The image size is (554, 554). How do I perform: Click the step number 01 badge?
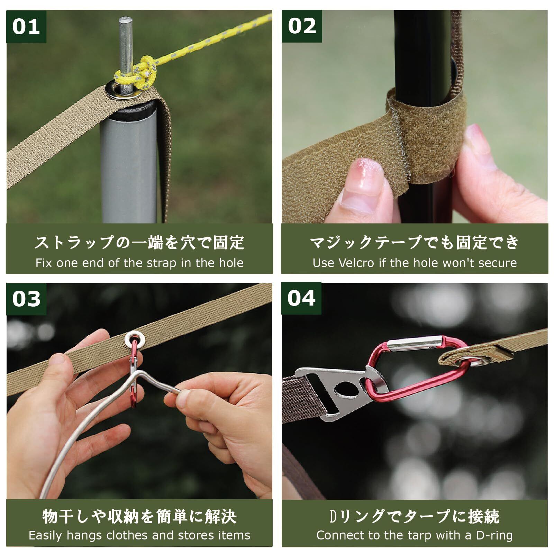pos(26,27)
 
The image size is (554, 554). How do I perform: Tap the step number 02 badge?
pos(302,26)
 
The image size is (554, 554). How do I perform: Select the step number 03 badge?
pos(26,299)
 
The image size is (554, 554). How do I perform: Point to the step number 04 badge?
pos(301,298)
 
